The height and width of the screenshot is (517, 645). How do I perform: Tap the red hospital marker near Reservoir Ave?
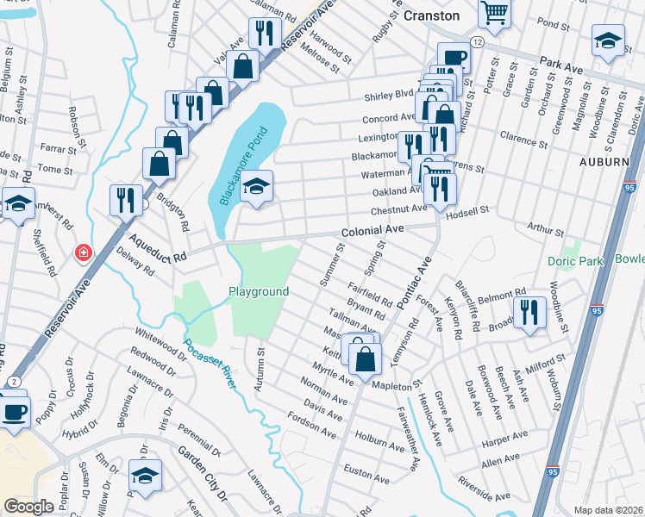point(83,253)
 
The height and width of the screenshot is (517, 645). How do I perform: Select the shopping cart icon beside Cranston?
point(495,12)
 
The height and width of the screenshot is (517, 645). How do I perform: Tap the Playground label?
point(259,292)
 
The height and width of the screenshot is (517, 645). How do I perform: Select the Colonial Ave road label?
point(373,232)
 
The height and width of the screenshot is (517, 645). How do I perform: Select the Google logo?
point(28,507)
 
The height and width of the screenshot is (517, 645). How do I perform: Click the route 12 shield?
point(476,43)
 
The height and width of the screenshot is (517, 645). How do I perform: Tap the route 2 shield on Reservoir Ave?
point(16,381)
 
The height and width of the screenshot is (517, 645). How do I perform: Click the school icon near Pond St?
point(608,40)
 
